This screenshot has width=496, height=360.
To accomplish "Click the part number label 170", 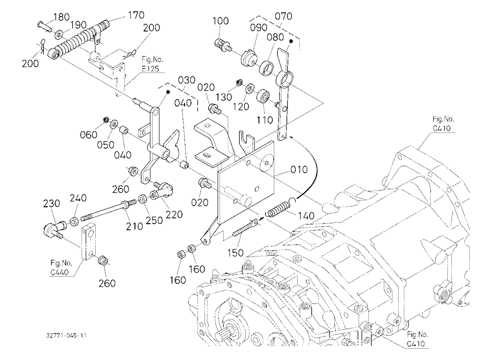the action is coord(136,15).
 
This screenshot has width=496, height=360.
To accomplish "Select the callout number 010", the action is coord(299,170).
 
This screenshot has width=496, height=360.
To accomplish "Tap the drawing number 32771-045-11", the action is coord(66,336).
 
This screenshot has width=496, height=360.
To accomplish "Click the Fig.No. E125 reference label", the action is coord(152,64).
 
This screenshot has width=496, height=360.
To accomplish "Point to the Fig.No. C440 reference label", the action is coord(61,267).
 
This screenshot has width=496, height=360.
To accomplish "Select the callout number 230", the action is coord(51,204).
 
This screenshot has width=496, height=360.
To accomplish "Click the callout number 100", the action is coord(221,21).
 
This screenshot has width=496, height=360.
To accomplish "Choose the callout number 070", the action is coord(283,16).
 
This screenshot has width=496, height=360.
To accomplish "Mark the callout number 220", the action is coord(174,215).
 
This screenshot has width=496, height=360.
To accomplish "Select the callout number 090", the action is coord(258,28).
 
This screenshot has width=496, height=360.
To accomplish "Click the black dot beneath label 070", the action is coord(291,41).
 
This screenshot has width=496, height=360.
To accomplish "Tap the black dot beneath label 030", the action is coord(168,92).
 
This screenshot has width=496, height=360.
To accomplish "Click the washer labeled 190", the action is coord(59,35).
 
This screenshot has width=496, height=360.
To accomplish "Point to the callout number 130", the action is coord(224,97).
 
